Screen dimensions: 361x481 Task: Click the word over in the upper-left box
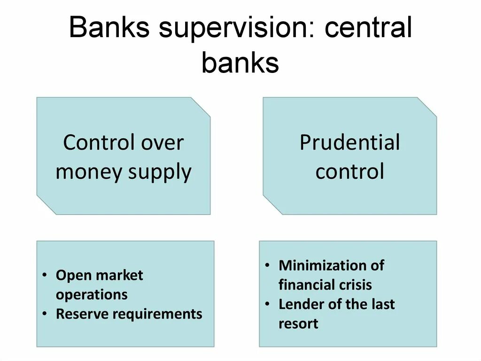pos(161,143)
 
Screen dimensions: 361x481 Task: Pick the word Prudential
pos(349,143)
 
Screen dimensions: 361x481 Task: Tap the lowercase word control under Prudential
pos(349,171)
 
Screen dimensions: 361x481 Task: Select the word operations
pos(92,295)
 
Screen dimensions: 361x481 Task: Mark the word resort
pos(298,324)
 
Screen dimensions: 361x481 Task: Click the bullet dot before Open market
pos(44,276)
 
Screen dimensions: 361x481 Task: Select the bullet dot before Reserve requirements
pos(44,314)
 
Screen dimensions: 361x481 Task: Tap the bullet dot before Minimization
pos(267,265)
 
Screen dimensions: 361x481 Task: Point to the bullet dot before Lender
pos(267,304)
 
